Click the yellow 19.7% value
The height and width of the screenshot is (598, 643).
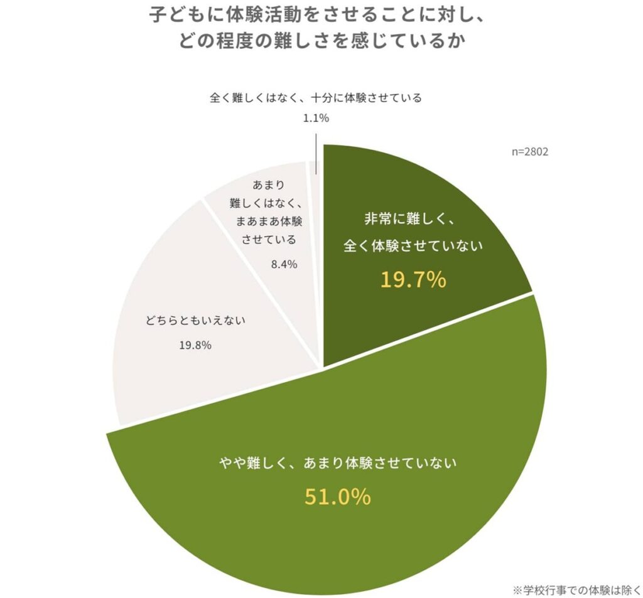(x=413, y=280)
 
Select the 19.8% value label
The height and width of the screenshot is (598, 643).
(x=195, y=345)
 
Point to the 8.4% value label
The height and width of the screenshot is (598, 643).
(x=283, y=264)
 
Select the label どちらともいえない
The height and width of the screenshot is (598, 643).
(x=195, y=320)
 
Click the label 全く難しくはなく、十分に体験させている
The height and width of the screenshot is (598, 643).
(x=315, y=98)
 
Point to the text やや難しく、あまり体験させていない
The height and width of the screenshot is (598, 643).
(x=337, y=464)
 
